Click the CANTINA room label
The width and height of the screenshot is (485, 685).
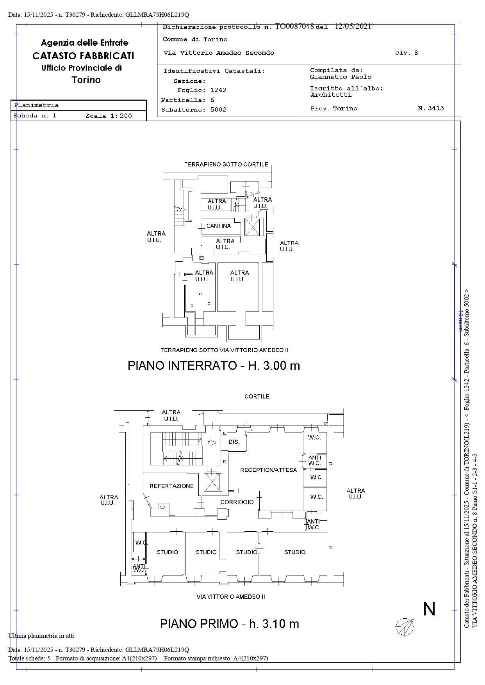pyautogui.click(x=218, y=226)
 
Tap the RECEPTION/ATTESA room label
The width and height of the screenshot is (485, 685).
pyautogui.click(x=268, y=470)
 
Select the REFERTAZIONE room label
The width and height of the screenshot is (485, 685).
pyautogui.click(x=171, y=486)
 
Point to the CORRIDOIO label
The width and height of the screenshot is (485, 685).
pyautogui.click(x=237, y=502)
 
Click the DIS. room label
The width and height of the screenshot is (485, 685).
pyautogui.click(x=234, y=442)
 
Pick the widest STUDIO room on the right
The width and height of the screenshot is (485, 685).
pyautogui.click(x=294, y=552)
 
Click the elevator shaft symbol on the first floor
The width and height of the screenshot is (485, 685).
pyautogui.click(x=213, y=482)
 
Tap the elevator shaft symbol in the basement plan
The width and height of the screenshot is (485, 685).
pyautogui.click(x=252, y=227)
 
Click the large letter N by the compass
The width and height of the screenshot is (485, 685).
pyautogui.click(x=429, y=609)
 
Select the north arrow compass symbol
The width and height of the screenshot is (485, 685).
pyautogui.click(x=405, y=626)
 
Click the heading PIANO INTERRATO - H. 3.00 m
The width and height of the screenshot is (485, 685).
pyautogui.click(x=214, y=366)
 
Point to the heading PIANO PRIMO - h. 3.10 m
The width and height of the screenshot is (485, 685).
pyautogui.click(x=229, y=624)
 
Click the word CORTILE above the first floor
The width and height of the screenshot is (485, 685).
pyautogui.click(x=257, y=396)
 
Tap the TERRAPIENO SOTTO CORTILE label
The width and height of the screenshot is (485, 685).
pyautogui.click(x=226, y=165)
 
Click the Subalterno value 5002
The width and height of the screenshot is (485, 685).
pyautogui.click(x=218, y=110)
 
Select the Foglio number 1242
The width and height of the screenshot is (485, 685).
pyautogui.click(x=218, y=90)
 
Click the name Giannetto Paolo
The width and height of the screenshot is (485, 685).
pyautogui.click(x=341, y=77)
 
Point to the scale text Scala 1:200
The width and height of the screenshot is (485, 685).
pyautogui.click(x=109, y=116)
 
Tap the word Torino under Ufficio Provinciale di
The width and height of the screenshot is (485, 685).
pyautogui.click(x=86, y=80)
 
